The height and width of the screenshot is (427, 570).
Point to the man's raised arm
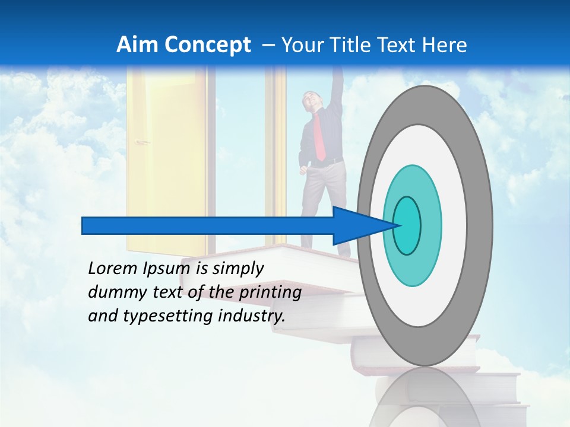(x=337, y=89)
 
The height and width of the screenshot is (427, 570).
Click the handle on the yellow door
(x=142, y=142)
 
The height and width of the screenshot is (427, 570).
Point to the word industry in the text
(x=251, y=316)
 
